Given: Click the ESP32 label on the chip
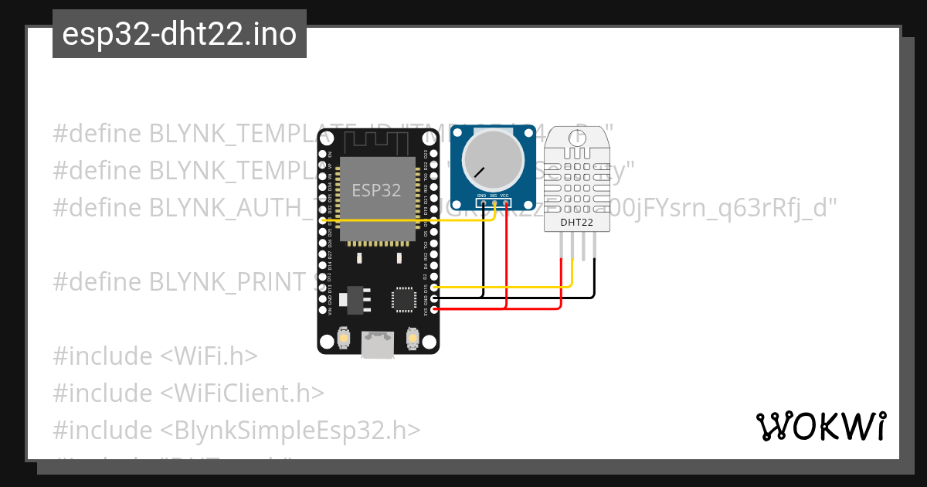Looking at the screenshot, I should [376, 190].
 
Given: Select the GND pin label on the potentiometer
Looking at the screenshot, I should [482, 196].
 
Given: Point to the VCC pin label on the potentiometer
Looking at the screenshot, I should [504, 196].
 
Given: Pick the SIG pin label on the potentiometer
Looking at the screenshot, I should [493, 196].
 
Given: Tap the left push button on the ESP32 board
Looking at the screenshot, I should [344, 338].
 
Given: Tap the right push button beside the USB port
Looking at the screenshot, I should [413, 338].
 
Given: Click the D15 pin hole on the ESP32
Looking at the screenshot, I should [434, 288].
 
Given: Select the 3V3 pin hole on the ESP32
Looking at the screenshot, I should [434, 309].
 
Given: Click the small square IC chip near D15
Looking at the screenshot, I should [404, 298].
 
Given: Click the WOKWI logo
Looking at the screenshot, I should [821, 426].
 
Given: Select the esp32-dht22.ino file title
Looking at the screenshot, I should [179, 34].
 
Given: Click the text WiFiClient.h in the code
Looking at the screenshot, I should [243, 393].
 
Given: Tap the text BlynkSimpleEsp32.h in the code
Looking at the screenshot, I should [291, 430].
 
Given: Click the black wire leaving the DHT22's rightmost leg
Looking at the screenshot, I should [595, 278].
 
